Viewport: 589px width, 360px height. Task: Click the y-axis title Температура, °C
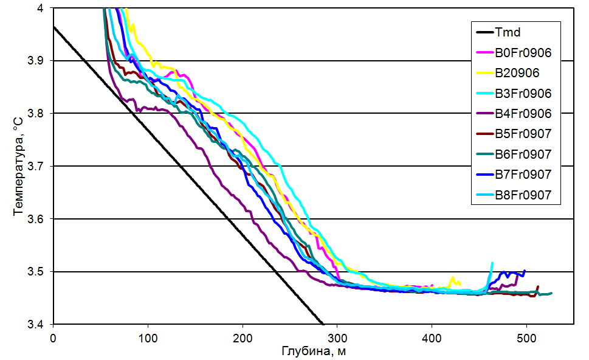coord(19,166)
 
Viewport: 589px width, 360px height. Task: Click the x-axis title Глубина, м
coord(313,351)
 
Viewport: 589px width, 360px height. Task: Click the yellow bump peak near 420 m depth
coord(452,277)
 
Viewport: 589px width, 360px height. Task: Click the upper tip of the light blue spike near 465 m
coord(492,262)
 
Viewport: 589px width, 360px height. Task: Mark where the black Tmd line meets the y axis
coord(53,27)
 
